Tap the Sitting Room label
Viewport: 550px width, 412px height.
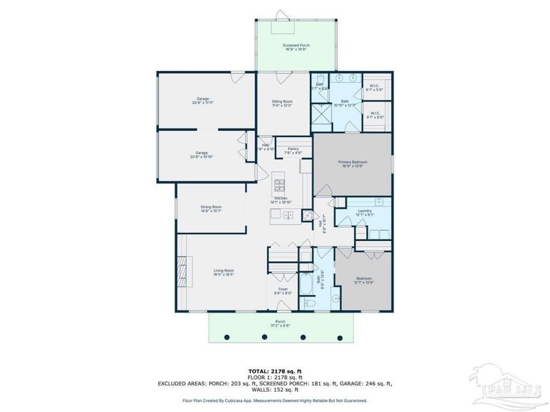[282, 103]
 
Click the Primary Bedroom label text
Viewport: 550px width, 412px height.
[352, 164]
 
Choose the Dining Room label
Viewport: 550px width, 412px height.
[211, 209]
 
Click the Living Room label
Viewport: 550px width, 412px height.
[224, 272]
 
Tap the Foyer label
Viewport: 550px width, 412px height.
[283, 291]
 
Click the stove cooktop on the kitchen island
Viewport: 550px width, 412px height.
[280, 183]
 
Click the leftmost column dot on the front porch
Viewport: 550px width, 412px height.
[227, 336]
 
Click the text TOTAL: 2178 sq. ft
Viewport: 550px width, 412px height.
[274, 371]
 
